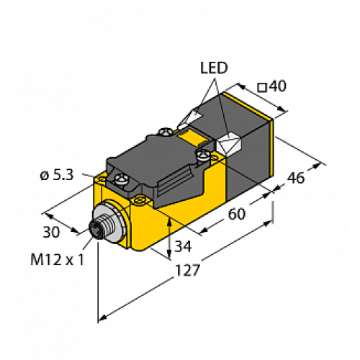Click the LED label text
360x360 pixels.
pyautogui.click(x=213, y=68)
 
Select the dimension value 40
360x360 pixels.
pyautogui.click(x=278, y=86)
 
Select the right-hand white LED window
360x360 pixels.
pyautogui.click(x=232, y=142)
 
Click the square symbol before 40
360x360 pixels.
pyautogui.click(x=262, y=87)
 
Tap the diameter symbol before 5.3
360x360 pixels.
pyautogui.click(x=44, y=174)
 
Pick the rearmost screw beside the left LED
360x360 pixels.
pyautogui.click(x=166, y=132)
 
